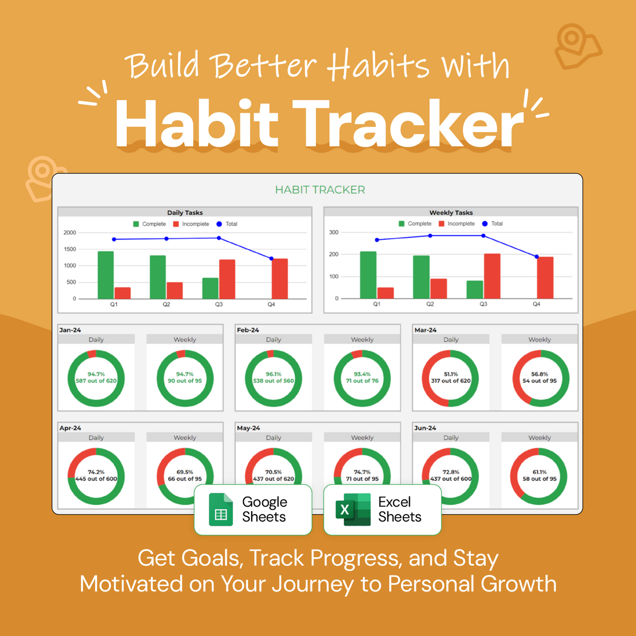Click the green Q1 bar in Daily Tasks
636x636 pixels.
coord(105,275)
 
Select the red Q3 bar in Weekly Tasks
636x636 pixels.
coord(492,276)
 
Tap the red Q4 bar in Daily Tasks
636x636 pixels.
coord(280,279)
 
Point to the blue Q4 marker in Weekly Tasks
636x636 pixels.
coord(536,257)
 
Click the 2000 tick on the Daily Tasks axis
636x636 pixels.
coord(70,233)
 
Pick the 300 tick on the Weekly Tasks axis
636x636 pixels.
coord(333,232)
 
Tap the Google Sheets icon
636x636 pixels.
coord(221,510)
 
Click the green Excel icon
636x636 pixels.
coord(353,510)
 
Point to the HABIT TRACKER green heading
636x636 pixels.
coord(320,190)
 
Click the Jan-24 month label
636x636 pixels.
coord(70,330)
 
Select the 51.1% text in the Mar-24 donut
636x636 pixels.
coord(450,374)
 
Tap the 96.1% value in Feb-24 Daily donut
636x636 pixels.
coord(273,374)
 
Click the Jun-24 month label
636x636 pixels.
coord(425,428)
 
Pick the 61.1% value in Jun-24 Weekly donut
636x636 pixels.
coord(540,472)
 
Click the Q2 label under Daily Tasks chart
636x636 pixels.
coord(166,305)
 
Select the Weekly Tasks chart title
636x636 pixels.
coord(450,213)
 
